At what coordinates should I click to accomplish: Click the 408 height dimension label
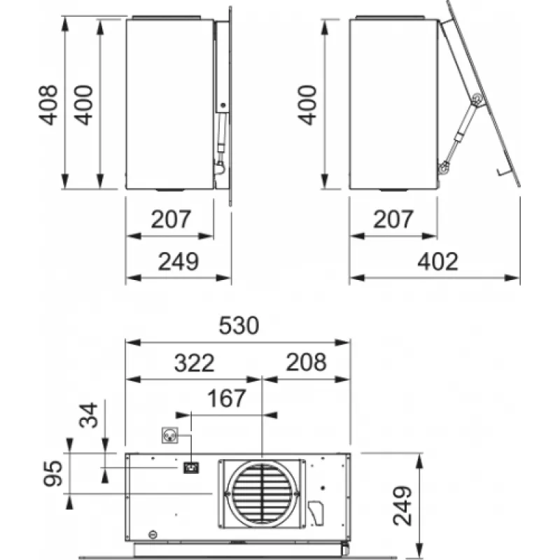pyautogui.click(x=48, y=105)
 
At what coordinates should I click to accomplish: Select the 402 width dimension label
pyautogui.click(x=437, y=262)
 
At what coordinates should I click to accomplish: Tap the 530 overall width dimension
pyautogui.click(x=239, y=325)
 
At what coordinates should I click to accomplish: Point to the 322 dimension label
pyautogui.click(x=195, y=363)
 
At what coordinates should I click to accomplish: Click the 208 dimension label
pyautogui.click(x=306, y=362)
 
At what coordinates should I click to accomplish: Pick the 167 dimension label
pyautogui.click(x=226, y=398)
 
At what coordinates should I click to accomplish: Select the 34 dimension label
pyautogui.click(x=88, y=415)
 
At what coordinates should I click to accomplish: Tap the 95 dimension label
pyautogui.click(x=52, y=474)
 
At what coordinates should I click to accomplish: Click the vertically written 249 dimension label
pyautogui.click(x=402, y=505)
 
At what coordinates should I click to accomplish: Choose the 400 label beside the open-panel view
pyautogui.click(x=307, y=105)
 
